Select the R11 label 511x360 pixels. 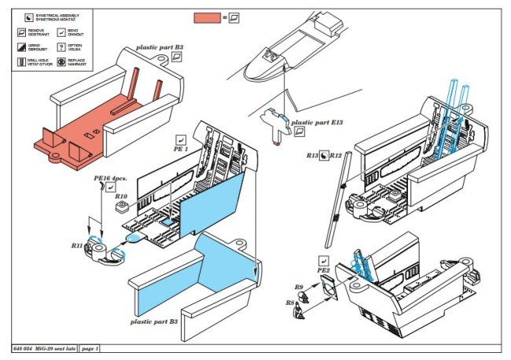click(x=77, y=246)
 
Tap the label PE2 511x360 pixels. click(x=323, y=272)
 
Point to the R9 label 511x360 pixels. click(x=299, y=288)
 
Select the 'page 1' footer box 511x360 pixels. click(x=89, y=347)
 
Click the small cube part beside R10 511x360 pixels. click(x=121, y=208)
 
